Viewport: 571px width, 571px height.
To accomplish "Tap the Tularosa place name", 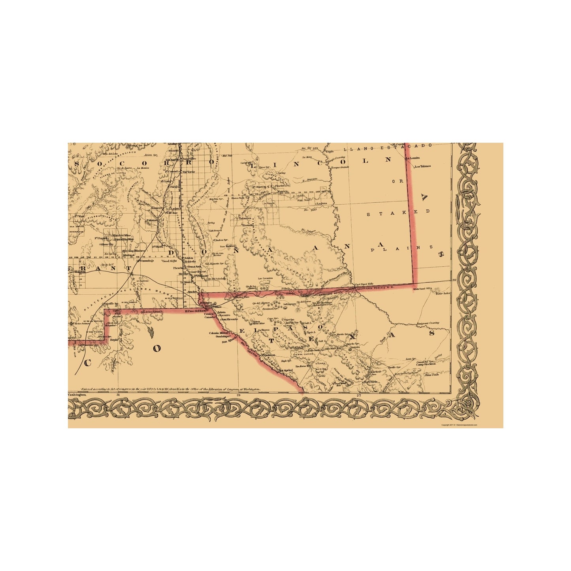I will [x=245, y=218].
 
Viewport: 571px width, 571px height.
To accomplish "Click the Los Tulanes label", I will [x=422, y=166].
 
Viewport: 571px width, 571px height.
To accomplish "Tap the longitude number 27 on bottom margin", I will [x=358, y=395].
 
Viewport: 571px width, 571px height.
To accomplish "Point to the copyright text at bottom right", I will [x=459, y=425].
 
